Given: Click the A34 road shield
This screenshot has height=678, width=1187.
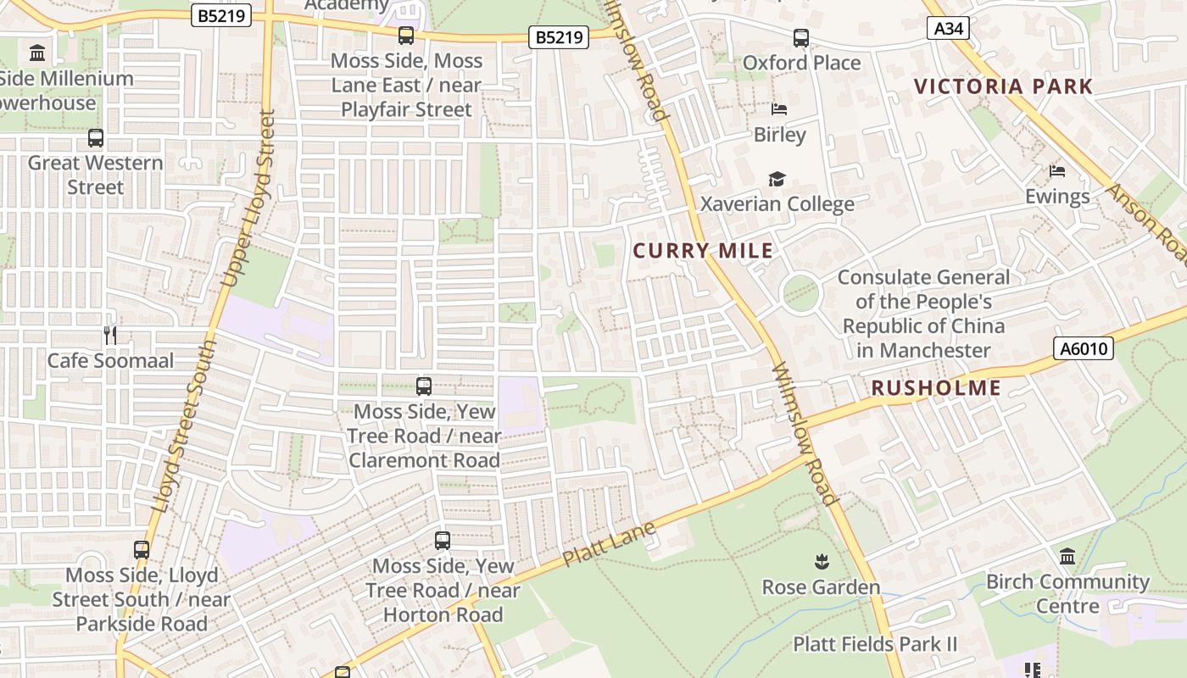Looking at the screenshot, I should click(x=948, y=29).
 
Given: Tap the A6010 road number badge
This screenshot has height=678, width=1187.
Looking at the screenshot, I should click(x=1083, y=348).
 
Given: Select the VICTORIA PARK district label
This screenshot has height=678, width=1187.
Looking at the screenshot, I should click(x=1004, y=86).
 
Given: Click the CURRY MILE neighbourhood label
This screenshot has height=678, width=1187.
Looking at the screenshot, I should click(x=703, y=251).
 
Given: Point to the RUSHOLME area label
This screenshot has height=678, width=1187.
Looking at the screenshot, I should click(x=936, y=388).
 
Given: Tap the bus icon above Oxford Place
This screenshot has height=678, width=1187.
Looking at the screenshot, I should click(x=801, y=37).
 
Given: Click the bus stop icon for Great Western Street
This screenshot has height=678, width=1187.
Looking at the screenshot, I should click(x=96, y=137).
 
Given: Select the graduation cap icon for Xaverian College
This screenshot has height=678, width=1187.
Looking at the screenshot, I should click(x=777, y=179).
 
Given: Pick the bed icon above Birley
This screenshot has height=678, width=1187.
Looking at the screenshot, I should click(x=779, y=109).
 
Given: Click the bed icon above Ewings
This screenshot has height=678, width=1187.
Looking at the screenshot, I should click(x=1056, y=171).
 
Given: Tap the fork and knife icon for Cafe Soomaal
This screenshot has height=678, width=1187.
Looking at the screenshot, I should click(x=110, y=335).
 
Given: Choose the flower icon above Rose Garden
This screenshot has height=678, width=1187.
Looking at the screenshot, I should click(x=821, y=561).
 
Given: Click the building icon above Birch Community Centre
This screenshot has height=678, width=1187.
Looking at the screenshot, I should click(x=1067, y=557).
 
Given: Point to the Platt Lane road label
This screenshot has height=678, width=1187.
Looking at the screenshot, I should click(x=610, y=544).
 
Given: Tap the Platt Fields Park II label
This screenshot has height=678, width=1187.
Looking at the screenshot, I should click(x=875, y=644).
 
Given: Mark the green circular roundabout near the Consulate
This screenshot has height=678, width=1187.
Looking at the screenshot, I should click(x=801, y=293).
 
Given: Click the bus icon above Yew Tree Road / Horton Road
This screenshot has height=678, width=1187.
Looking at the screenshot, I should click(x=442, y=540).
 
